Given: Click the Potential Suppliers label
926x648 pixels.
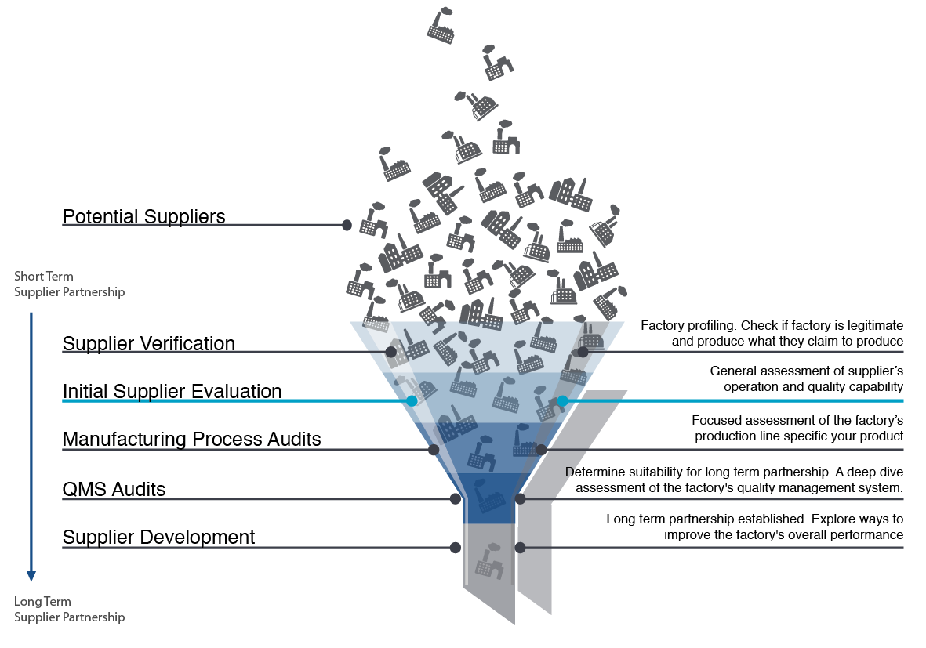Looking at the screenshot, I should tap(143, 216).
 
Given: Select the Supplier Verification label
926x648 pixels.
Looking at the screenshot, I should tap(148, 343).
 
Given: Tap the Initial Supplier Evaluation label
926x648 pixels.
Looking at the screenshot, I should tap(172, 391).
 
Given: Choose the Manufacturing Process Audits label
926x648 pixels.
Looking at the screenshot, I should tap(191, 439).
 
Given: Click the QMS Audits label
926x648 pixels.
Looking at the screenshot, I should tap(114, 489).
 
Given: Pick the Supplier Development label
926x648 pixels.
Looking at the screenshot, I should tap(158, 537).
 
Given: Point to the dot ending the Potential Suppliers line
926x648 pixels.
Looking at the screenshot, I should tap(347, 225).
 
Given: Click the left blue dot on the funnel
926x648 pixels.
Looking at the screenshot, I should tap(412, 401).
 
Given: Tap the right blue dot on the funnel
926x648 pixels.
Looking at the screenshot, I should tap(562, 401).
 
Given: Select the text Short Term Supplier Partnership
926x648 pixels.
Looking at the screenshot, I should tap(69, 284).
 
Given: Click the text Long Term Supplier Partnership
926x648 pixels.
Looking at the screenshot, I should tap(69, 609).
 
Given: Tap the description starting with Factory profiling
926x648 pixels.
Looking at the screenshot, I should tap(772, 333).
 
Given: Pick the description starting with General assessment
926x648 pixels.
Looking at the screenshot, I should tap(806, 378).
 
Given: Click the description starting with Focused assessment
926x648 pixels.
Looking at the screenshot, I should tap(797, 428).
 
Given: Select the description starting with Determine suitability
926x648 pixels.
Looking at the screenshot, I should tap(734, 480).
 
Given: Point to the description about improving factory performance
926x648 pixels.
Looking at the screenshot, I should tap(754, 527).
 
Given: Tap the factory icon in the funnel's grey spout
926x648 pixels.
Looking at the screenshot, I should tap(490, 559).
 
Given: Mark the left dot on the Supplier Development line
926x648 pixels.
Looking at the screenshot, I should tap(455, 547).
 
